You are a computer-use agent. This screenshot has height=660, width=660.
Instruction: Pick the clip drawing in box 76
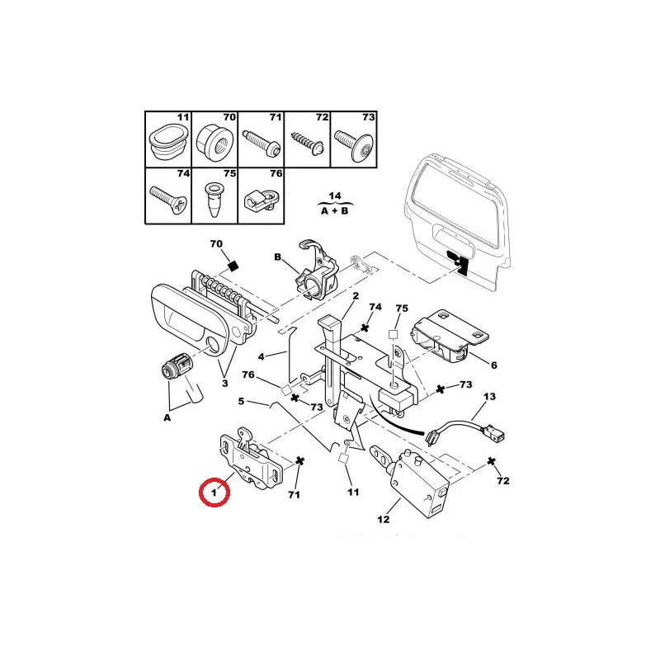coord(261,198)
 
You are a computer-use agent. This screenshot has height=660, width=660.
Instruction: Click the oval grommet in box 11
coord(168,141)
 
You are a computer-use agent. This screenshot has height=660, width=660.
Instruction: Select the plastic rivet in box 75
coord(215,199)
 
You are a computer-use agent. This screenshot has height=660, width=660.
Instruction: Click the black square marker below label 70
coord(233,266)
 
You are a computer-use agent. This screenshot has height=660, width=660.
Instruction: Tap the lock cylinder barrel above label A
coord(177,365)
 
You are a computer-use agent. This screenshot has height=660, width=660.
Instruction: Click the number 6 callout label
coord(494,365)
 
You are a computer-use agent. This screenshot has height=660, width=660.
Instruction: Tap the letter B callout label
coord(277,257)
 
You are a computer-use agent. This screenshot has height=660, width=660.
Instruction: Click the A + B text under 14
coord(335,210)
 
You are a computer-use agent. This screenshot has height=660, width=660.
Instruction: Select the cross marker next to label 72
coord(491,461)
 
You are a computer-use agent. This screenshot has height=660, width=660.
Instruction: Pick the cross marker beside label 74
coord(365,327)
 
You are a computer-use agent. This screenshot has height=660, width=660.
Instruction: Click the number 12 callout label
coord(384,520)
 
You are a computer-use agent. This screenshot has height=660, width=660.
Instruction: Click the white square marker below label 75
coord(393,335)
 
